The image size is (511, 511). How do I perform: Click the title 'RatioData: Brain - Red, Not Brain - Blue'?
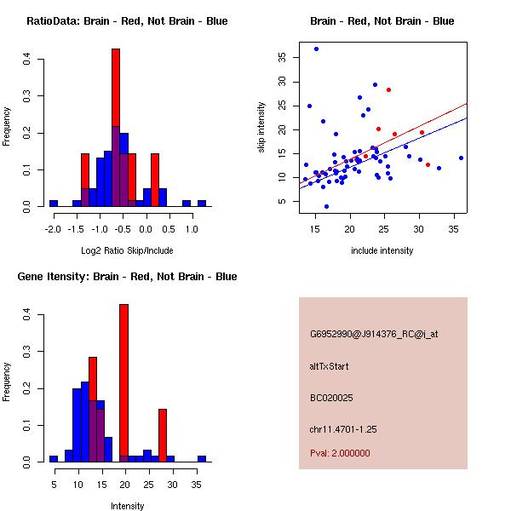tap(127, 21)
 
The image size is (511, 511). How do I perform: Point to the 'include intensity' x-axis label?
tap(382, 250)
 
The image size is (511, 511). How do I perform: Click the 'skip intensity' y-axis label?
tap(261, 128)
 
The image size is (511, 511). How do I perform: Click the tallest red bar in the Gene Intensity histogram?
tap(123, 383)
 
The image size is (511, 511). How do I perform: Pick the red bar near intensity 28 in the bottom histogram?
tap(163, 435)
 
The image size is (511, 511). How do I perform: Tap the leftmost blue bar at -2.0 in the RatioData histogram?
tap(54, 204)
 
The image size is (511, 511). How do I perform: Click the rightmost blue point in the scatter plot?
tap(461, 158)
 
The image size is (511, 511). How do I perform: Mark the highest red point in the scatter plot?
tap(388, 89)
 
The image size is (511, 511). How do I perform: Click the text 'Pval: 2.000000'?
tap(343, 454)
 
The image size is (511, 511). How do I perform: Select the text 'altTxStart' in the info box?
tap(330, 366)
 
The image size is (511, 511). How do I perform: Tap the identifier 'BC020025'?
tap(331, 397)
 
